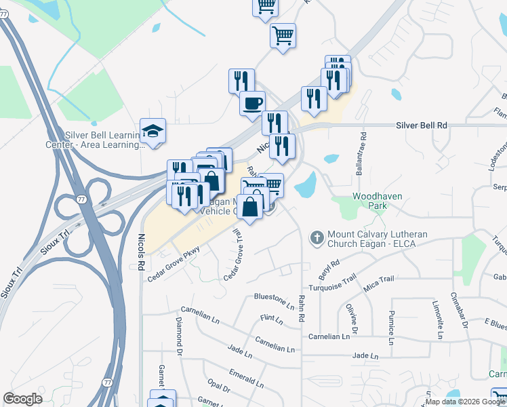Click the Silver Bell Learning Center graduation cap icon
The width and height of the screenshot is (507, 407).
pyautogui.click(x=153, y=131)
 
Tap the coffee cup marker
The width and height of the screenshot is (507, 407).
pyautogui.click(x=252, y=103)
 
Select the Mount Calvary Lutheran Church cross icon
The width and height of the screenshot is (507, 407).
pyautogui.click(x=316, y=238)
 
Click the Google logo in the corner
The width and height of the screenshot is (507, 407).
pyautogui.click(x=22, y=399)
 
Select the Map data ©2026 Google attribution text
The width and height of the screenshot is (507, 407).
pyautogui.click(x=465, y=402)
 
